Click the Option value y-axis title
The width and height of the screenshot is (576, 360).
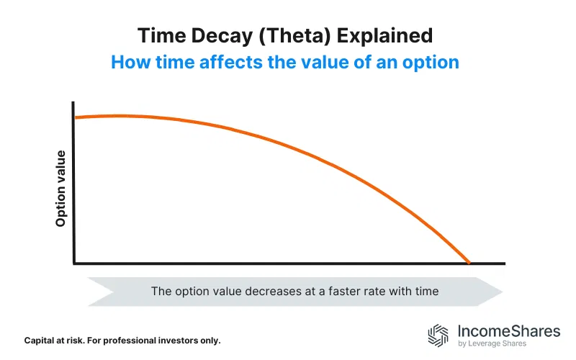61,189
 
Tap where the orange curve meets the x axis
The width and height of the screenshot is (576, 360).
469,264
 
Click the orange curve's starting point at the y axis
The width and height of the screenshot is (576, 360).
75,117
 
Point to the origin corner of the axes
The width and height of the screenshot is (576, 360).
73,264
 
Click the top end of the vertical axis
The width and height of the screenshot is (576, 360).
73,103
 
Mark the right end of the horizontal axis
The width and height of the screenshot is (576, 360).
503,264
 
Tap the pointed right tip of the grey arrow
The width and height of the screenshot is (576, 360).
501,292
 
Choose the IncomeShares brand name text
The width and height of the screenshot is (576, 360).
508,331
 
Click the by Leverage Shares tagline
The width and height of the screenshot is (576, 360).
492,344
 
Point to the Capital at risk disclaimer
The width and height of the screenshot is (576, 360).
122,339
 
